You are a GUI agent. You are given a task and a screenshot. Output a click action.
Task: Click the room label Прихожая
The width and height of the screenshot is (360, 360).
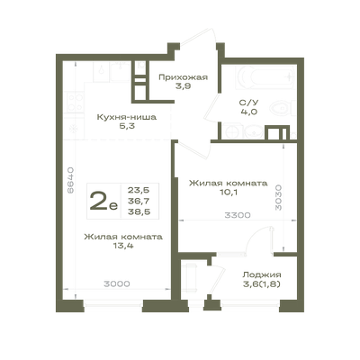click(x=183, y=77)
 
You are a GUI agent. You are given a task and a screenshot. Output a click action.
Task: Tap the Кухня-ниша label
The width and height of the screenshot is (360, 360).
click(x=127, y=117)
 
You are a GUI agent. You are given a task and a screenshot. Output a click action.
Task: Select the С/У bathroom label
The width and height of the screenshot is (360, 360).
click(x=248, y=103)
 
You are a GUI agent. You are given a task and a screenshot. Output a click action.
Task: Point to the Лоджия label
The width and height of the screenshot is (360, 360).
click(x=262, y=274)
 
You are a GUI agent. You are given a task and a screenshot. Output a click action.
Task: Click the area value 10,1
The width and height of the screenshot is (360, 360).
click(x=229, y=192)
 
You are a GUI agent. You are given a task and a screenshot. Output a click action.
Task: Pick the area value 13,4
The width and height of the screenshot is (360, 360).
click(x=123, y=246)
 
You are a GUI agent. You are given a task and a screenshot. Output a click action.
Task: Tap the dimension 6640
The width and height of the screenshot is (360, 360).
click(x=70, y=180)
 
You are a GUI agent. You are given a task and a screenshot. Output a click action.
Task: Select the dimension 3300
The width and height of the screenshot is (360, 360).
click(x=238, y=215)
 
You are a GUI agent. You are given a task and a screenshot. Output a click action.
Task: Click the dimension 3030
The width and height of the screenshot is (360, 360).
click(x=278, y=197)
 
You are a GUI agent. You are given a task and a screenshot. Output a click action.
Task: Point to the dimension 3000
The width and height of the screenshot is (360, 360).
click(x=117, y=283)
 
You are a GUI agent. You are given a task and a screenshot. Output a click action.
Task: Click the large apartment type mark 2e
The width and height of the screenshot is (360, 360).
click(x=103, y=202)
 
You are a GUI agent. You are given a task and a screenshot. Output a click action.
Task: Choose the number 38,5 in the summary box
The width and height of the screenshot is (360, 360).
click(x=139, y=212)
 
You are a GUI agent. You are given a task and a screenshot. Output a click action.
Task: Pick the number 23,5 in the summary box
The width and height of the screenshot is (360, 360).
click(x=139, y=190)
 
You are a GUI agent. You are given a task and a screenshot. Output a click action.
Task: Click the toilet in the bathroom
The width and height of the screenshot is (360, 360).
click(x=282, y=108)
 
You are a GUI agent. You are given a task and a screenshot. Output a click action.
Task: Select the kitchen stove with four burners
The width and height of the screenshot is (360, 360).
click(x=75, y=103)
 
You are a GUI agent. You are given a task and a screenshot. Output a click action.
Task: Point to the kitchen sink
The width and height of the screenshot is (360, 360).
click(x=102, y=71)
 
